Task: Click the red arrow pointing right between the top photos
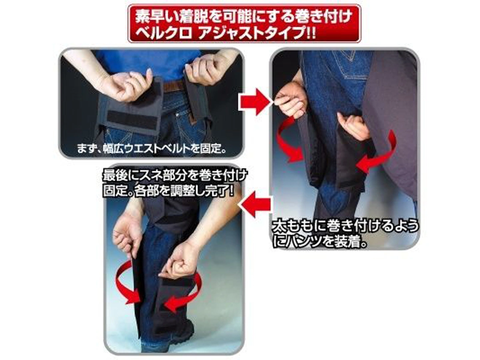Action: (x=254, y=102)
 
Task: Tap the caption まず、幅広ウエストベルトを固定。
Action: (x=151, y=149)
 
